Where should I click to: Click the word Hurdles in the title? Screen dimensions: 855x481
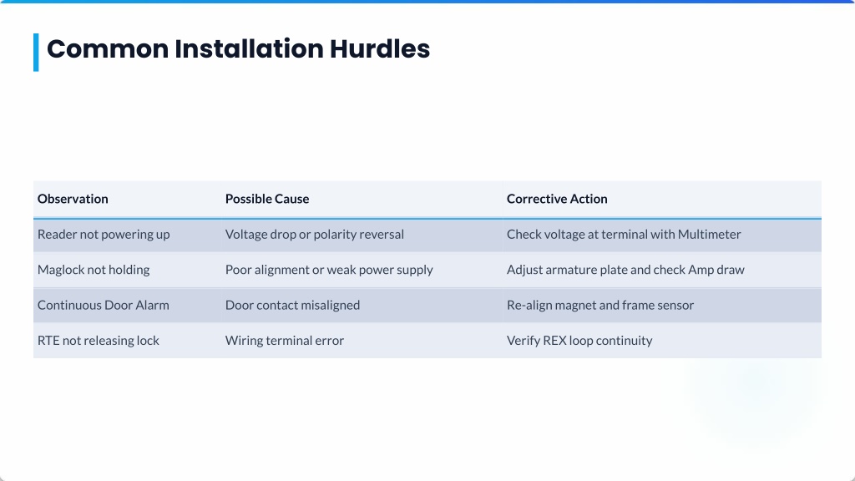[380, 48]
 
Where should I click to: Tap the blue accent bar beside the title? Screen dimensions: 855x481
[36, 53]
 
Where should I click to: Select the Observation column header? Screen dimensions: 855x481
[73, 199]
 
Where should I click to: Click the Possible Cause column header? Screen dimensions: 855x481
[267, 199]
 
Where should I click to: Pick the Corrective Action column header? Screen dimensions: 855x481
[557, 199]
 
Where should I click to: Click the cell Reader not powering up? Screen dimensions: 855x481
[104, 235]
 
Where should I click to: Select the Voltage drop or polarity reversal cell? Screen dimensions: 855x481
[315, 235]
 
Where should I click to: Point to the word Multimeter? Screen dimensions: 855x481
[709, 235]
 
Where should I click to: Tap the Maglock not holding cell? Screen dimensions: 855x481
[94, 270]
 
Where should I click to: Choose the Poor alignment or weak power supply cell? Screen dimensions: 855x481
[329, 270]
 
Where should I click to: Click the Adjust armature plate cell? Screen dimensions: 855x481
[625, 270]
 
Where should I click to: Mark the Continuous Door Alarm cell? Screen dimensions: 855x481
[103, 306]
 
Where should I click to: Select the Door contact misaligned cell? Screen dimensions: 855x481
[292, 306]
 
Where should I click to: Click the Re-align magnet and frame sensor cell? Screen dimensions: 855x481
[600, 306]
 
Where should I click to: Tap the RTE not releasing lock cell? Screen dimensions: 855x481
[99, 341]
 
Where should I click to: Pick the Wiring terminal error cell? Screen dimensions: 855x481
[285, 341]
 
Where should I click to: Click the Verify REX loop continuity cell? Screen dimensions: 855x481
[579, 341]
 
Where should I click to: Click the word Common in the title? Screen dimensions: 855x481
[108, 48]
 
